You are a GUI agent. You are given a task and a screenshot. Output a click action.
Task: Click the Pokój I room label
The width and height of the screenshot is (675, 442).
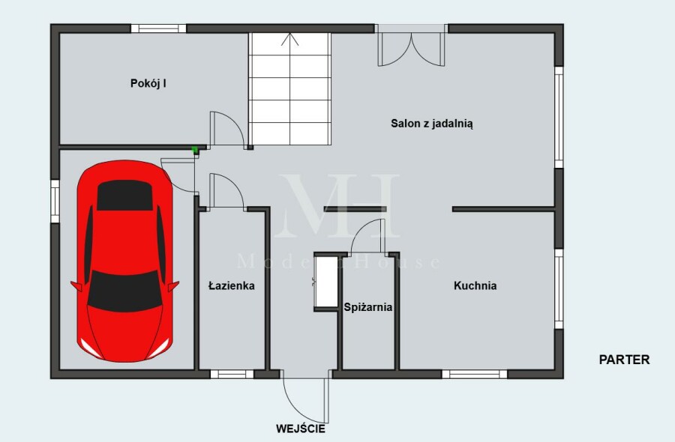(148, 83)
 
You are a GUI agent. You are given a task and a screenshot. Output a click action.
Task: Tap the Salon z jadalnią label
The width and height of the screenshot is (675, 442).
(432, 124)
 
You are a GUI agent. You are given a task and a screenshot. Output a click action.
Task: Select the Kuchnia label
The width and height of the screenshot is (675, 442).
(475, 285)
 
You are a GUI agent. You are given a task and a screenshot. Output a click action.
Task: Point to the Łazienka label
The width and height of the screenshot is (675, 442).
(232, 285)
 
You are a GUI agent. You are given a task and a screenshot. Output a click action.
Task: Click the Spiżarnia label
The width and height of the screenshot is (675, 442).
(368, 307)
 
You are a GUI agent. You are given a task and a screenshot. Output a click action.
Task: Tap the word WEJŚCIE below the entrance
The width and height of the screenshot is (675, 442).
(301, 429)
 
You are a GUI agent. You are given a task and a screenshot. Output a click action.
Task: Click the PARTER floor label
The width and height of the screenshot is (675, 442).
(624, 360)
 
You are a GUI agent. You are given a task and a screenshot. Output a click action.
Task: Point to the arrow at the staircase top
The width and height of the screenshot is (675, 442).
(289, 39)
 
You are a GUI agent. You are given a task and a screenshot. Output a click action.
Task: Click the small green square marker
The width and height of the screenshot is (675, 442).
(194, 150)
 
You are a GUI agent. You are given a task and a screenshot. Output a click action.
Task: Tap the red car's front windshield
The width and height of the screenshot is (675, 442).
(124, 291)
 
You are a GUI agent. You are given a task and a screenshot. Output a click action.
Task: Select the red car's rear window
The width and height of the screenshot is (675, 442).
(124, 196)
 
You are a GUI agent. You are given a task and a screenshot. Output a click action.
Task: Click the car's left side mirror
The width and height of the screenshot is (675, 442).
(76, 286)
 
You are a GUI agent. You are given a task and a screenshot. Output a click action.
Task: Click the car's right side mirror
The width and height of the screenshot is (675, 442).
(173, 286)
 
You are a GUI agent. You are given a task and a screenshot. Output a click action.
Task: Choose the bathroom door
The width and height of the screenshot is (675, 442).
(226, 192)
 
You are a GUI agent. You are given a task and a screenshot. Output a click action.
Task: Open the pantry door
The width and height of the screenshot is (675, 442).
(367, 236)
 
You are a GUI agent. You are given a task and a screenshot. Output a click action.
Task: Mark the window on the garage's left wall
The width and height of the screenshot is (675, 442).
(55, 202)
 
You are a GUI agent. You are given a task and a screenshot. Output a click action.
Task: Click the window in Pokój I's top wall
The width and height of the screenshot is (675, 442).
(158, 28)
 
